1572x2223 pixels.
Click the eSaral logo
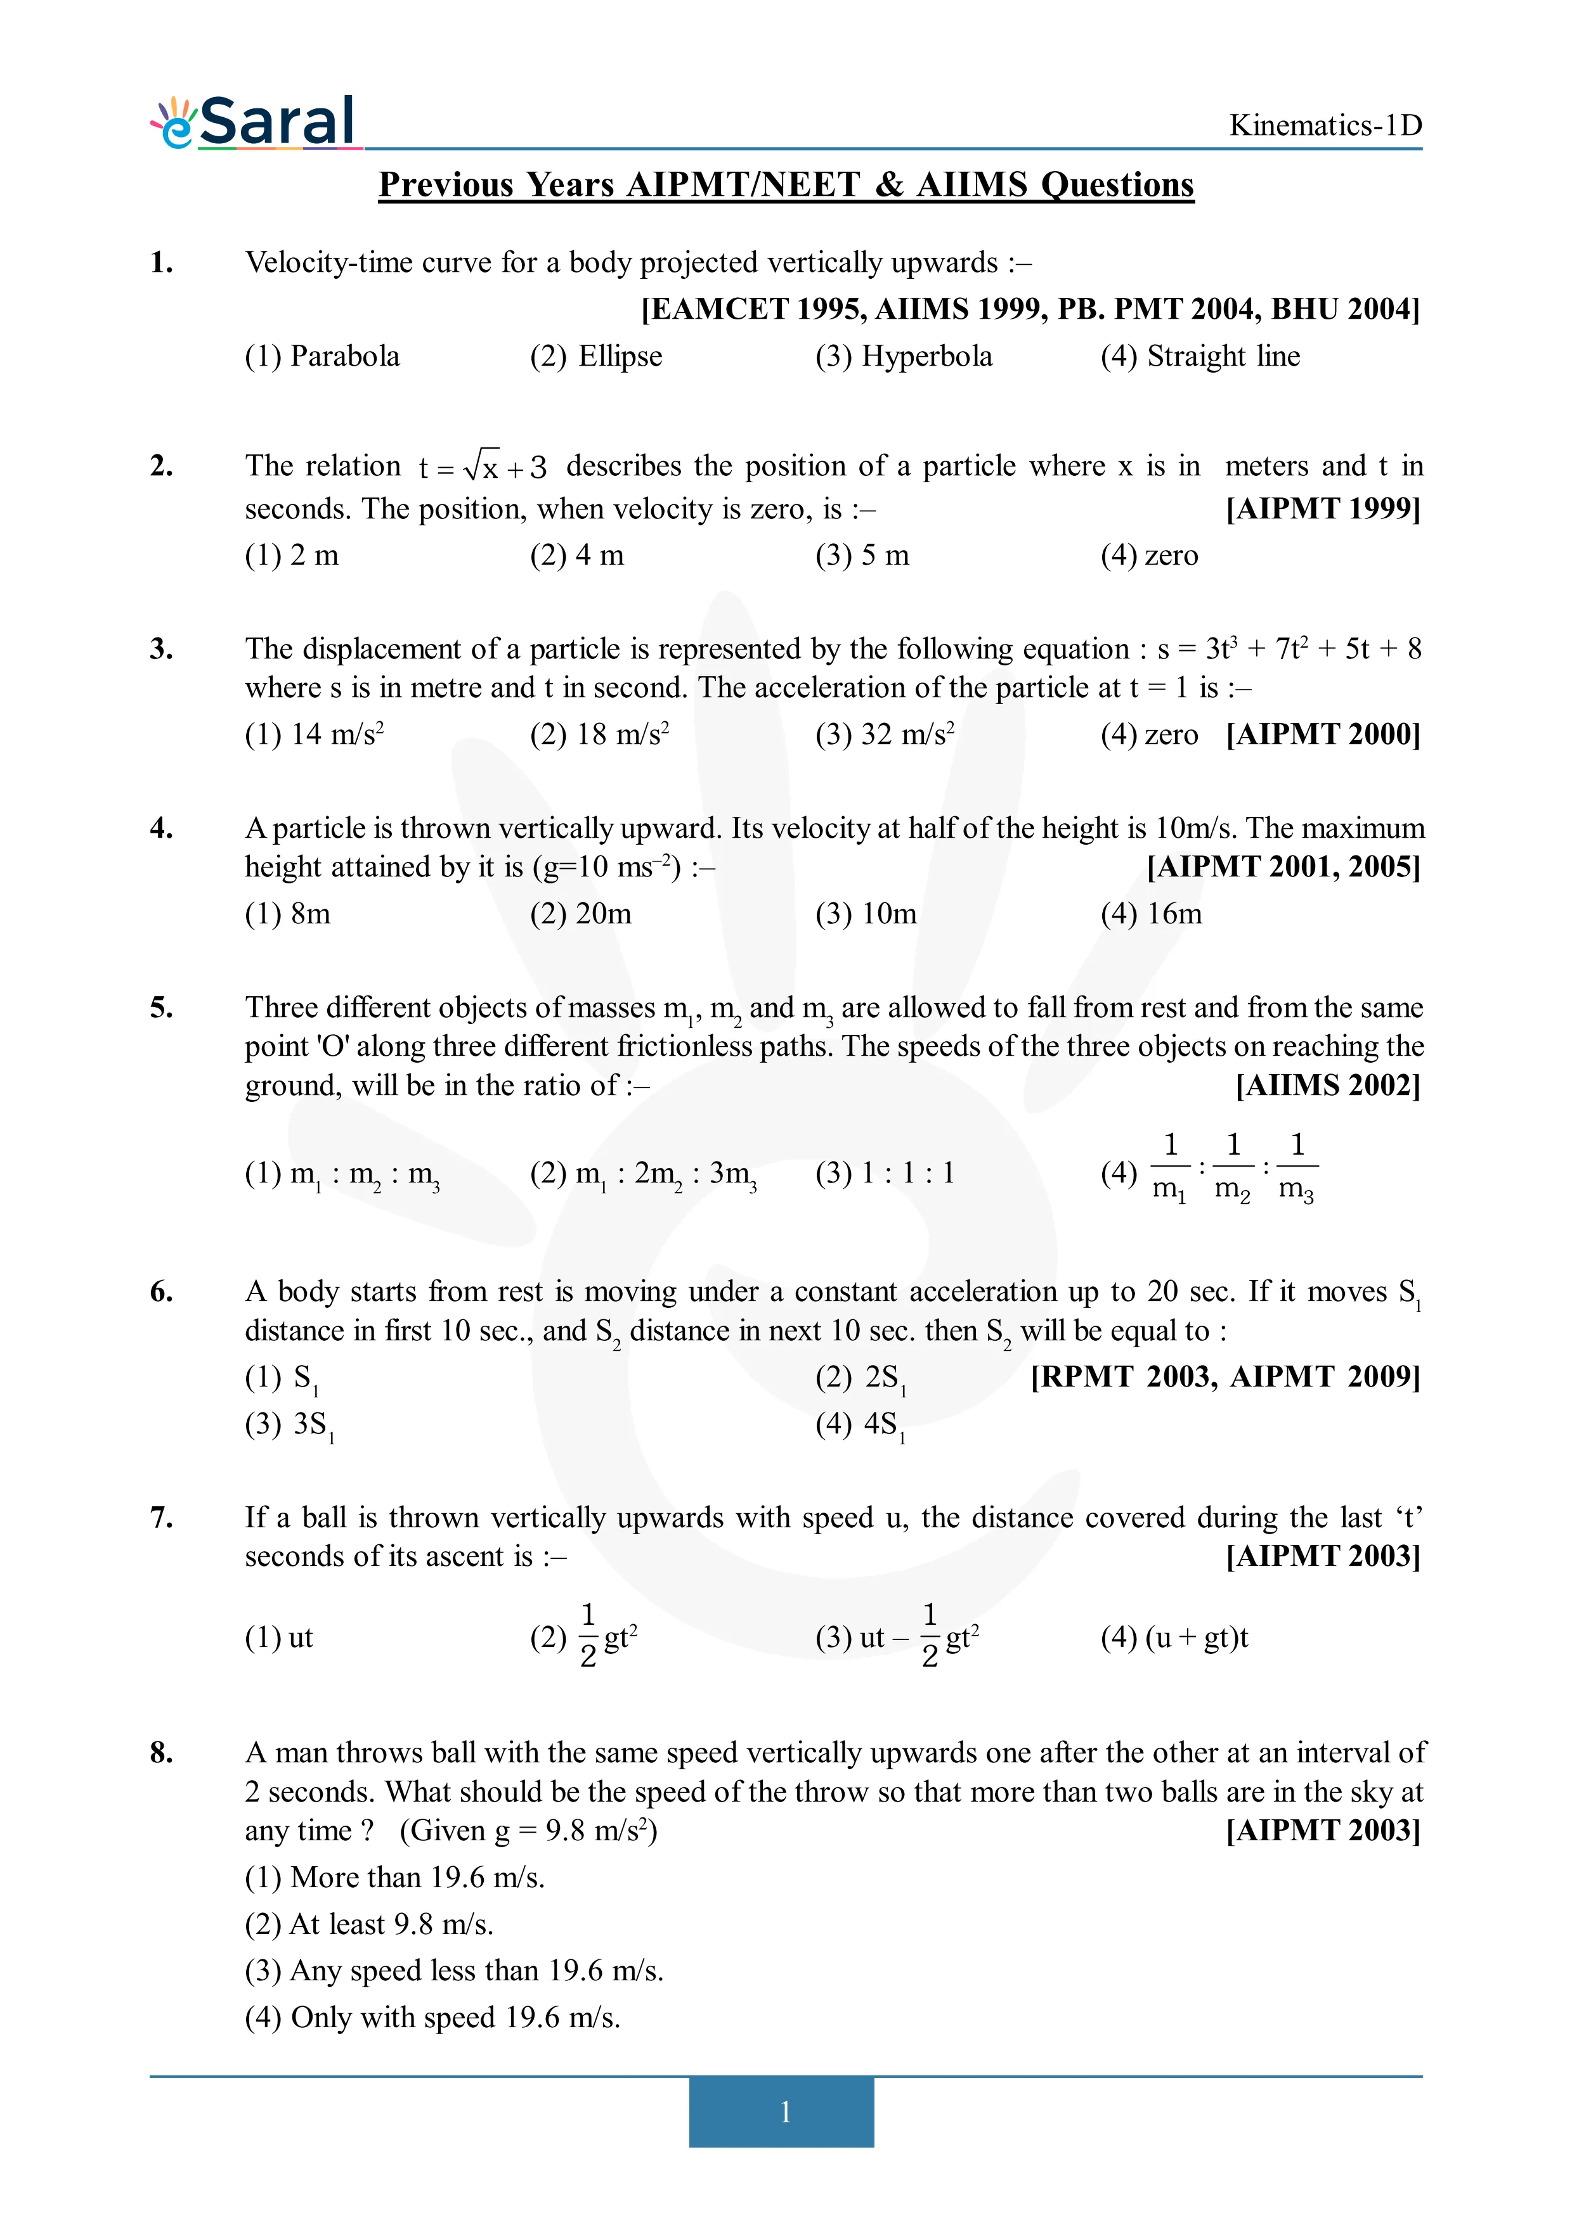pyautogui.click(x=254, y=123)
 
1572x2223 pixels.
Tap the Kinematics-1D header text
pyautogui.click(x=1324, y=125)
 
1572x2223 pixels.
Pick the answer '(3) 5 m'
pyautogui.click(x=862, y=556)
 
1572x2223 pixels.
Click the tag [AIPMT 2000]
pyautogui.click(x=1322, y=735)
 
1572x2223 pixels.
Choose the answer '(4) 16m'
pyautogui.click(x=1151, y=914)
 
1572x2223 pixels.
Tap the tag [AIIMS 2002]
pyautogui.click(x=1327, y=1086)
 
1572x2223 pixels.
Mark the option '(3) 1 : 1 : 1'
pyautogui.click(x=885, y=1174)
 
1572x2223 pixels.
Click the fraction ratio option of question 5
pyautogui.click(x=1211, y=1172)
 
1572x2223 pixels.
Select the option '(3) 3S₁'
pyautogui.click(x=289, y=1425)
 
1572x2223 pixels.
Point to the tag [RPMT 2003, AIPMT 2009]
pyautogui.click(x=1224, y=1377)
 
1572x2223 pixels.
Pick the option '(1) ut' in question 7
pyautogui.click(x=279, y=1637)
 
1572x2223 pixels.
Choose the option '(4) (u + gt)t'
pyautogui.click(x=1174, y=1637)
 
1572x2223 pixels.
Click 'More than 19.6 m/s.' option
pyautogui.click(x=394, y=1878)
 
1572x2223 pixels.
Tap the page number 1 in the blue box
pyautogui.click(x=784, y=2111)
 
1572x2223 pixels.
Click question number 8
pyautogui.click(x=162, y=1753)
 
